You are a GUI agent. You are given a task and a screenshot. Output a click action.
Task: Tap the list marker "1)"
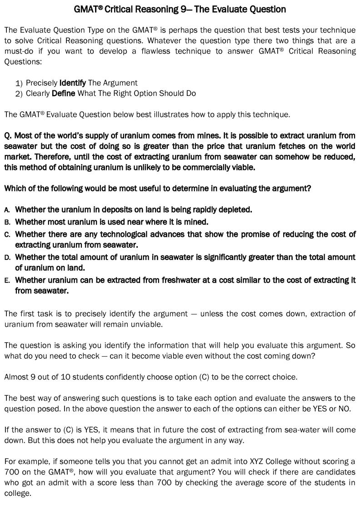pyautogui.click(x=19, y=83)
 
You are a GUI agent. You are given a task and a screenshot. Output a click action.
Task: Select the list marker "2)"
pyautogui.click(x=19, y=94)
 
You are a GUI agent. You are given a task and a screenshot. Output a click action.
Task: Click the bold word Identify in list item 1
pyautogui.click(x=73, y=83)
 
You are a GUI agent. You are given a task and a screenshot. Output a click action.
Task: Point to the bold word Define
pyautogui.click(x=64, y=94)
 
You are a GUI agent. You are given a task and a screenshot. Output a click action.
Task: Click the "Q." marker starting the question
pyautogui.click(x=8, y=136)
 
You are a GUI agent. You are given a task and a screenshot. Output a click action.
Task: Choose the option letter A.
pyautogui.click(x=7, y=210)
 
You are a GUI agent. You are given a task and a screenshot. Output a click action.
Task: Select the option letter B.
pyautogui.click(x=7, y=222)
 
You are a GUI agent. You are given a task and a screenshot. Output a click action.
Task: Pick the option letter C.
pyautogui.click(x=7, y=235)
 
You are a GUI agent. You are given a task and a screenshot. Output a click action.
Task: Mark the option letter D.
pyautogui.click(x=7, y=258)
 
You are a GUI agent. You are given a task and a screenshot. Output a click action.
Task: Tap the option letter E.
pyautogui.click(x=7, y=280)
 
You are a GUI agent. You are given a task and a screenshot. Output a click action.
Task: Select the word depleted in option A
pyautogui.click(x=235, y=210)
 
